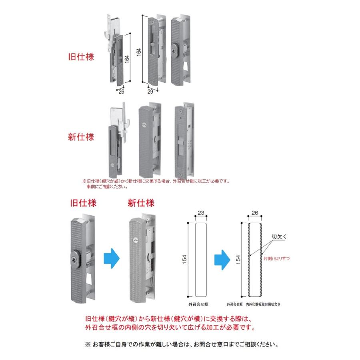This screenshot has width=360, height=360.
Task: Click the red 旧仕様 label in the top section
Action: click(81, 57)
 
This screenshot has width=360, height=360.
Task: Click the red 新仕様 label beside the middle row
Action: click(81, 137)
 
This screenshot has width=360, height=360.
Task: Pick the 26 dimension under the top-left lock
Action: click(122, 92)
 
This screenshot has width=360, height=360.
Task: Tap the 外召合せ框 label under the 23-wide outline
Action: click(198, 304)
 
